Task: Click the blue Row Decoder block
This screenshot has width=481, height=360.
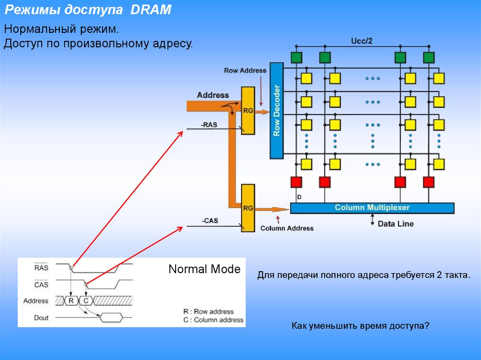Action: (x=277, y=111)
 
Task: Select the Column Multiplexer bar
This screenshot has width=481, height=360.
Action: (x=372, y=207)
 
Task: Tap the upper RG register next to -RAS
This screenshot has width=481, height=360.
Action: (x=248, y=111)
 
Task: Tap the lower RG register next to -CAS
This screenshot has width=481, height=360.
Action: (x=248, y=207)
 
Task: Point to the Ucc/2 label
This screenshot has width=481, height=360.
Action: (x=362, y=41)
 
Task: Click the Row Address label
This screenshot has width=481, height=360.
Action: (x=245, y=71)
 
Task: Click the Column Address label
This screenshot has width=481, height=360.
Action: (x=287, y=228)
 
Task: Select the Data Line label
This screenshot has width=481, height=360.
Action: (x=396, y=224)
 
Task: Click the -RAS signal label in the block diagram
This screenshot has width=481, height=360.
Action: (x=209, y=125)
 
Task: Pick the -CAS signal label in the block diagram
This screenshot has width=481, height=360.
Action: (x=209, y=221)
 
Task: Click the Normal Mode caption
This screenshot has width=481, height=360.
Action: (x=204, y=269)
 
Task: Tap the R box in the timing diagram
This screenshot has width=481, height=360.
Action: (x=71, y=301)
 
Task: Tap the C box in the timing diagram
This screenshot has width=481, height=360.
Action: (x=86, y=301)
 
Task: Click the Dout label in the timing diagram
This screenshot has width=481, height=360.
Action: (x=41, y=318)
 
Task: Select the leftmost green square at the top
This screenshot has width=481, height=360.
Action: (x=296, y=58)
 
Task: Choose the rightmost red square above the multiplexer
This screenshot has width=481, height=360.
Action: (x=428, y=182)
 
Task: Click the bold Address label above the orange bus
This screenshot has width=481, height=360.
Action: (x=213, y=95)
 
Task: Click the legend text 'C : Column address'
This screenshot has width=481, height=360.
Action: (x=213, y=320)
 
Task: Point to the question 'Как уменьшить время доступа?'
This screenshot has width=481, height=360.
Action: (x=360, y=325)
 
